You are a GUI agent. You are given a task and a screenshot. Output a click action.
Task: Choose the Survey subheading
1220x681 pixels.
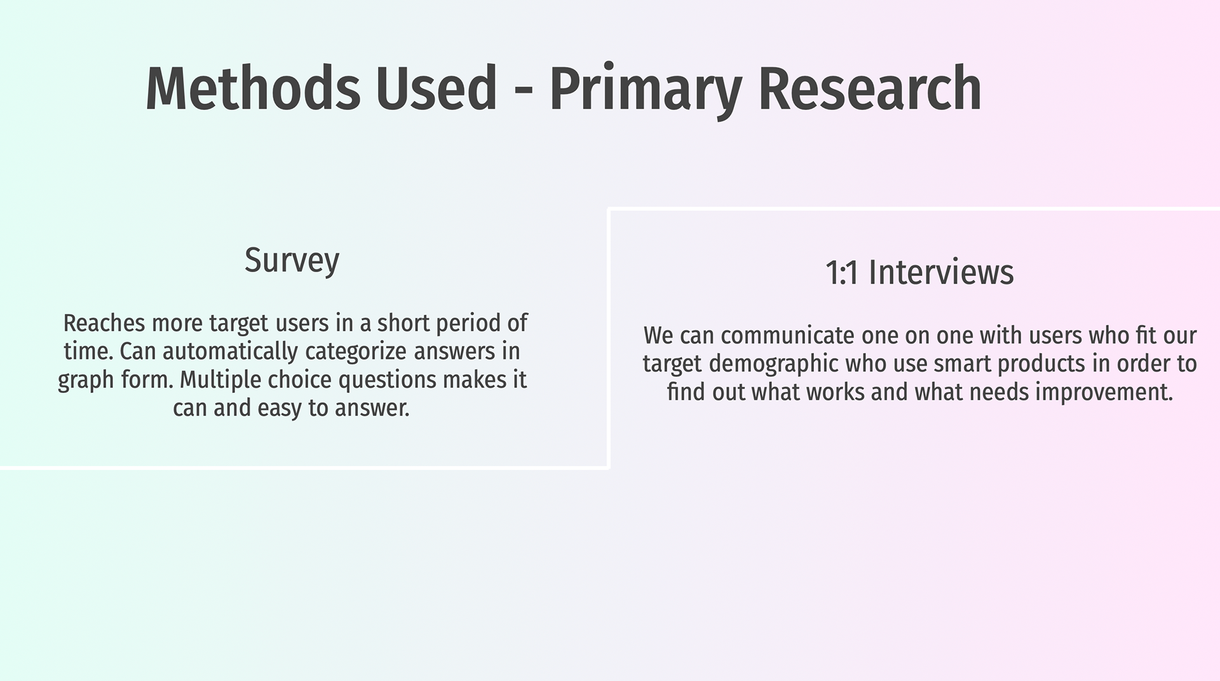coord(292,261)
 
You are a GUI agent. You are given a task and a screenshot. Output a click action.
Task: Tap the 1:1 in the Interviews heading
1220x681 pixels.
coord(842,273)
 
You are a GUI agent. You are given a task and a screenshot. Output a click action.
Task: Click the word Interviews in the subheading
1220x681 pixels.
coord(941,272)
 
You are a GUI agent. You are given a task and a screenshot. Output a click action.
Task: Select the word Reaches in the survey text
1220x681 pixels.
coord(105,323)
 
